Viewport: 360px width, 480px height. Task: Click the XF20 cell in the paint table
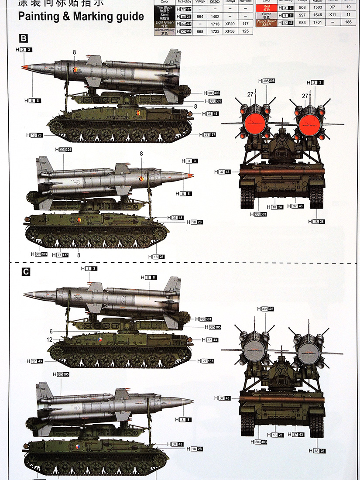(x=230, y=24)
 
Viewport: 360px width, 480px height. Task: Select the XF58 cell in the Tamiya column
(x=230, y=31)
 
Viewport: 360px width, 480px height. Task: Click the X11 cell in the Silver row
(x=333, y=15)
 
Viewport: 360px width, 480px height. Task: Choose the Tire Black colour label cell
(x=165, y=9)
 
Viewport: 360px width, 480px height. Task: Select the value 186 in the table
(x=348, y=22)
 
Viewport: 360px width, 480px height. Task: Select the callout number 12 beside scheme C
(x=49, y=339)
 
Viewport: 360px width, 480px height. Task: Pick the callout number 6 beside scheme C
(x=51, y=331)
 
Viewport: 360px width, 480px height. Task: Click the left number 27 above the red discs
(x=250, y=95)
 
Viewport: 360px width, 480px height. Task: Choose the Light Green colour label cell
(x=165, y=24)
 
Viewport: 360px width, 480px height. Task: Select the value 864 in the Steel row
(x=200, y=17)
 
